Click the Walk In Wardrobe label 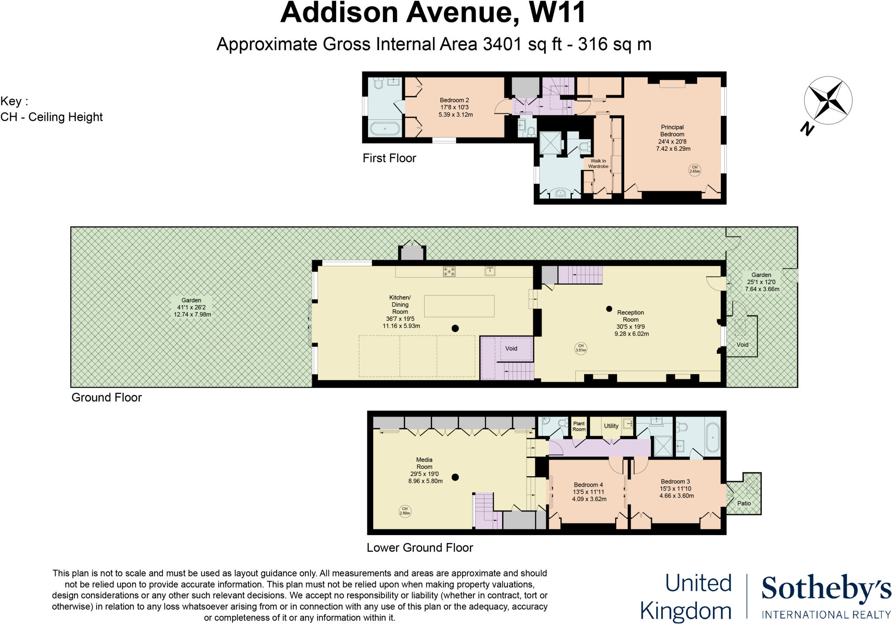(x=598, y=163)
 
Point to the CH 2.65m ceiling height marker (x=695, y=169)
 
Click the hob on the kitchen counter (x=449, y=271)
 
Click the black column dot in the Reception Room (x=609, y=309)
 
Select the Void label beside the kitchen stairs (x=511, y=348)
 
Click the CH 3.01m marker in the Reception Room (x=581, y=348)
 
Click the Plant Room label (x=579, y=426)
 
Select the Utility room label (x=611, y=426)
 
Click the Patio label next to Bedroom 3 (x=744, y=503)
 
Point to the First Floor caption (x=389, y=158)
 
